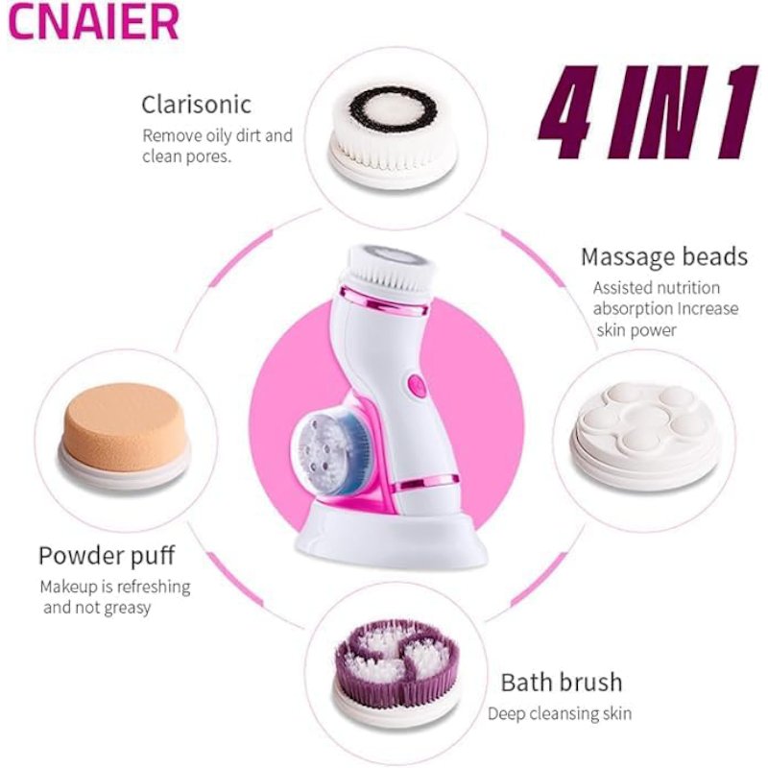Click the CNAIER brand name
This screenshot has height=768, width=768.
tap(94, 21)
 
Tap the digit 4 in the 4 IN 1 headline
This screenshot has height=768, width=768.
tap(568, 111)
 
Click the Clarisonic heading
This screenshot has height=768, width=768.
tap(197, 105)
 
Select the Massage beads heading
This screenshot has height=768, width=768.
tap(664, 256)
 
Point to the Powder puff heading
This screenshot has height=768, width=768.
tap(107, 556)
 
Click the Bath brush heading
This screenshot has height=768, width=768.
tap(562, 683)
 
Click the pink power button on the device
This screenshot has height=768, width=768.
tap(417, 386)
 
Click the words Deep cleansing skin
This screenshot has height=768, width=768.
tap(560, 713)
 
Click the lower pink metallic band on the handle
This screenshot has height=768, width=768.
tap(427, 483)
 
